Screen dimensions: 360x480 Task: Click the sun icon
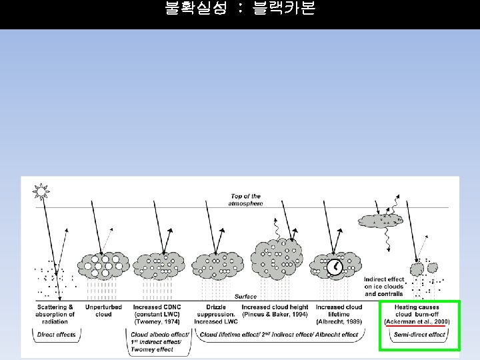(x=41, y=192)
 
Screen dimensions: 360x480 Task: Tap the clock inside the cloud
(x=334, y=267)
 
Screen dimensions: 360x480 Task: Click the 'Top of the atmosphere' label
(x=247, y=200)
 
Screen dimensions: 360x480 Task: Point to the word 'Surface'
(x=245, y=297)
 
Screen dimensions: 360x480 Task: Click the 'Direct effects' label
(x=55, y=335)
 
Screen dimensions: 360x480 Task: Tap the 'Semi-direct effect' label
(x=419, y=335)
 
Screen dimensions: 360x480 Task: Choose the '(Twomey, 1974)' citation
(x=157, y=321)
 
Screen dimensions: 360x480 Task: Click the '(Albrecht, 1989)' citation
(x=339, y=321)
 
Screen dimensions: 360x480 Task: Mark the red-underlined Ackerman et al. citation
(x=417, y=322)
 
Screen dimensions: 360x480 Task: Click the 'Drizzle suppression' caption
(x=216, y=311)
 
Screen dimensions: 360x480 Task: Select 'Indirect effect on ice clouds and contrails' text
(x=384, y=287)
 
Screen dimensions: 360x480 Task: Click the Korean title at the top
(x=239, y=9)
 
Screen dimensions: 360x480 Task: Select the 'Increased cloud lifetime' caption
(x=339, y=311)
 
